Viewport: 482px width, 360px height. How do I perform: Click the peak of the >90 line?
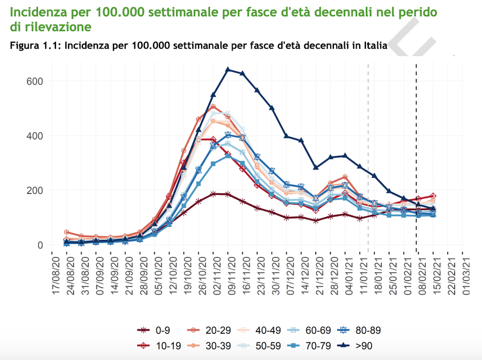click(x=228, y=70)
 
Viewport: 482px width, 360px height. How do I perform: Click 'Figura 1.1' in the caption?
click(x=33, y=47)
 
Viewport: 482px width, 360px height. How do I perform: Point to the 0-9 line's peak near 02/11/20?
click(x=213, y=194)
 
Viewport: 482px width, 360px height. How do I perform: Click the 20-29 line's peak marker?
click(x=213, y=107)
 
